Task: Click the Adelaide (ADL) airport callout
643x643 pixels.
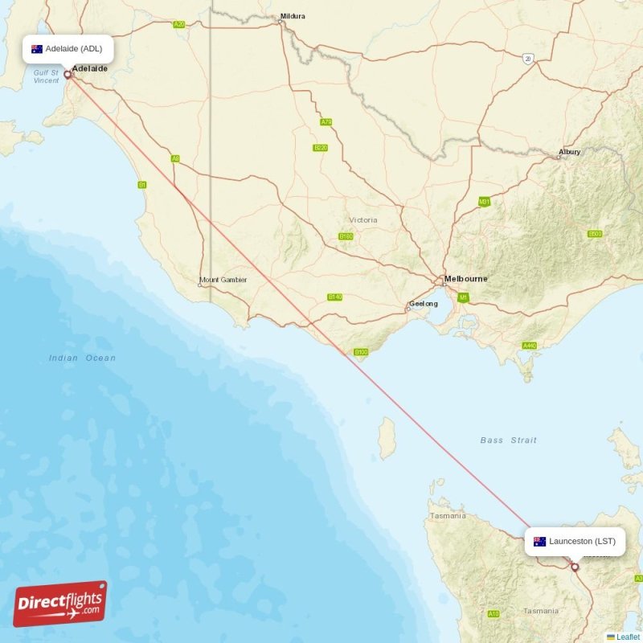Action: (68, 49)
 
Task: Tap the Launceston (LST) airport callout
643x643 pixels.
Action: (574, 541)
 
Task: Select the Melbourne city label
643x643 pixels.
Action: (466, 279)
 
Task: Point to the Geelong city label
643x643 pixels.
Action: (424, 304)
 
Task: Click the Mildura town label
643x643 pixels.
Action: (292, 16)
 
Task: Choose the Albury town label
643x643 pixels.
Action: (569, 151)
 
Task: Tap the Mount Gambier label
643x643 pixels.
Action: (223, 280)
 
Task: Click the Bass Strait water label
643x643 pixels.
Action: (508, 440)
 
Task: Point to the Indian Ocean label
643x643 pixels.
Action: (82, 358)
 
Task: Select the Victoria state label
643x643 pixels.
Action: (362, 219)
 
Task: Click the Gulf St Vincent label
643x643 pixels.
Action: (46, 76)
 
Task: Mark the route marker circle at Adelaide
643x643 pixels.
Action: (68, 76)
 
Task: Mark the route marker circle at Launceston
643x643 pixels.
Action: (575, 567)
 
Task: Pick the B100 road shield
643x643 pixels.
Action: (361, 352)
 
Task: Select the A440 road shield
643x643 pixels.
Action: (529, 346)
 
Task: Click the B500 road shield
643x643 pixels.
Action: (595, 234)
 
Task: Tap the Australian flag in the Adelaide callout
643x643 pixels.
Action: (37, 49)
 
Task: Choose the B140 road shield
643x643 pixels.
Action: (335, 297)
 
